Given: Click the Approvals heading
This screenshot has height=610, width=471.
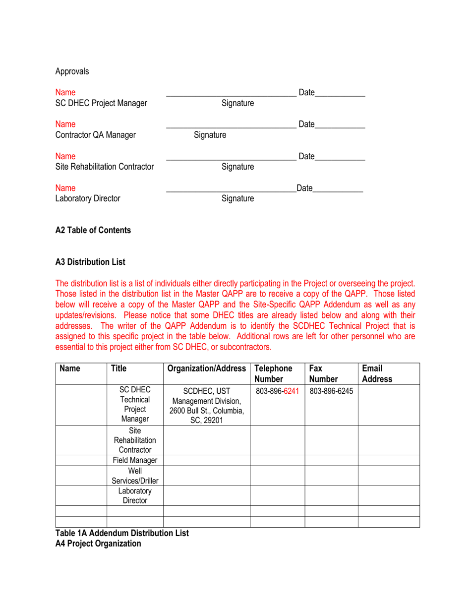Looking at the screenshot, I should [72, 71].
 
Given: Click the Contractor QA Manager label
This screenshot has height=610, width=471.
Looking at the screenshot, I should [95, 134].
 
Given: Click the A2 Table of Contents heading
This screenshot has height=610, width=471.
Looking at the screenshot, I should [93, 230].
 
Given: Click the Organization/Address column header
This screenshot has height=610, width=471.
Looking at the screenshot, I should [207, 368].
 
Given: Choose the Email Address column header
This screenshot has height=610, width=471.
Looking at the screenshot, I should [376, 373].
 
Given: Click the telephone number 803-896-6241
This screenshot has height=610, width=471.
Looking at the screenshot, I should [277, 391].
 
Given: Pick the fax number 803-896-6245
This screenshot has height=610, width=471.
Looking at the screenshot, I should [331, 391].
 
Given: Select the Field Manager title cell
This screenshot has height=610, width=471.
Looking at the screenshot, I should [135, 460].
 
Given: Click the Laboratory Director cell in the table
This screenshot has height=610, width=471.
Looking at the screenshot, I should [135, 495].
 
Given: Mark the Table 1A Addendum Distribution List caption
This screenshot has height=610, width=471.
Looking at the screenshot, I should [122, 533].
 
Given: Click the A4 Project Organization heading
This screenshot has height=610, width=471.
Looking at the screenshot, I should [98, 544].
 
